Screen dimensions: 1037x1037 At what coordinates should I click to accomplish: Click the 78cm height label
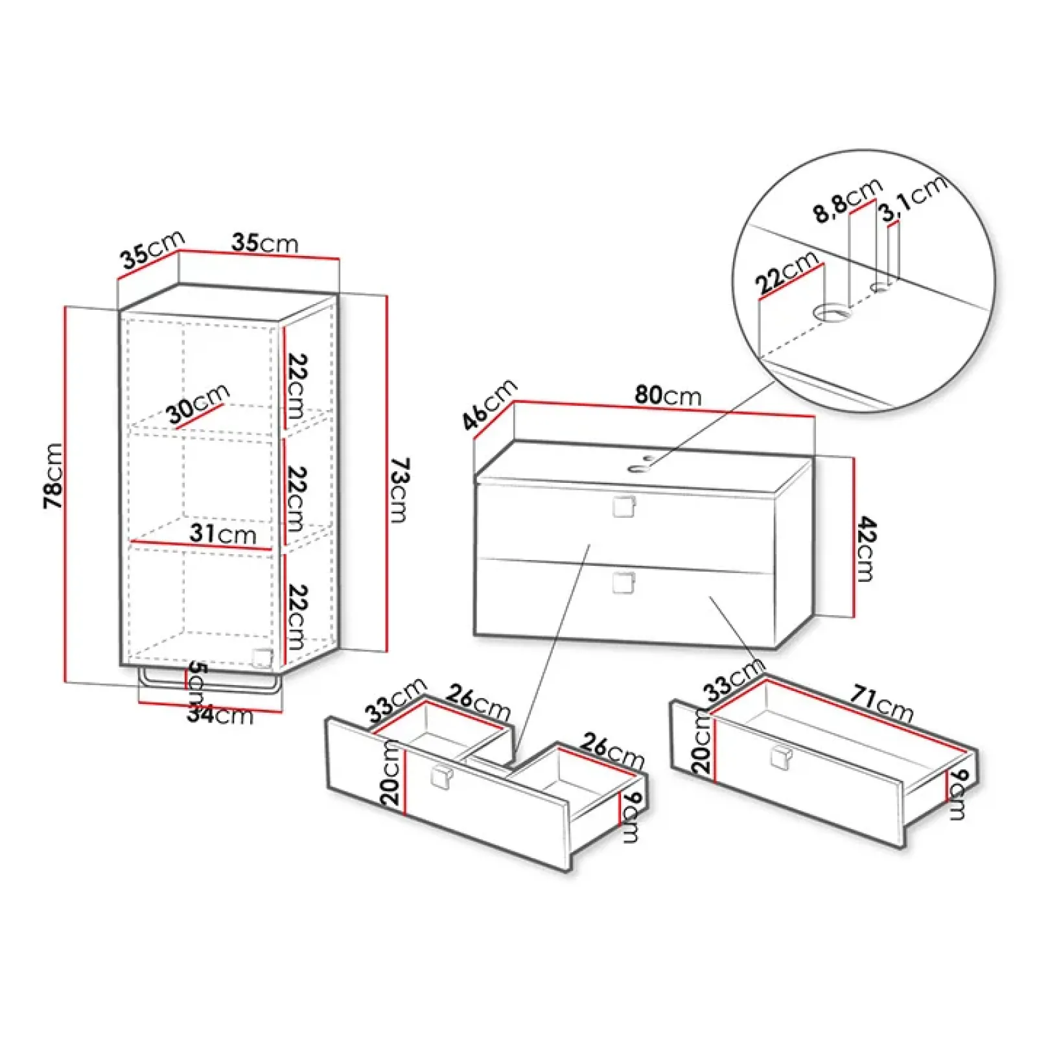(x=53, y=476)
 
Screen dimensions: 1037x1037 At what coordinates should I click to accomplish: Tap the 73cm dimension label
(x=399, y=490)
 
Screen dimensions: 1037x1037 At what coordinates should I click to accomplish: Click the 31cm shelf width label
(x=223, y=534)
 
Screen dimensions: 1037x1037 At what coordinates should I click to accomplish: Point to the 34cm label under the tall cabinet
(x=220, y=715)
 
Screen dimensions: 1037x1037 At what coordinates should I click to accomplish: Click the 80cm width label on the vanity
(x=668, y=395)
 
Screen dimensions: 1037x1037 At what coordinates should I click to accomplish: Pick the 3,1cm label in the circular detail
(x=914, y=198)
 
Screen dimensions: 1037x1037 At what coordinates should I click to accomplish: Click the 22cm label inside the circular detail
(x=787, y=272)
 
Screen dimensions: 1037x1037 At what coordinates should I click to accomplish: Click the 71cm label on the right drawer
(x=881, y=705)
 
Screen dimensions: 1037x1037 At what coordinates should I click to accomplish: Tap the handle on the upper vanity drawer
(x=623, y=507)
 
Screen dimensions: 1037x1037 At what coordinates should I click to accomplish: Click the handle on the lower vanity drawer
(x=623, y=582)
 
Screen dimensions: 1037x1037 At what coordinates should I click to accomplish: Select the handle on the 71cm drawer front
(x=781, y=757)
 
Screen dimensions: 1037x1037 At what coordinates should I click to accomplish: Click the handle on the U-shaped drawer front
(x=443, y=777)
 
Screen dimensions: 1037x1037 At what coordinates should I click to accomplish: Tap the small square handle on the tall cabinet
(x=261, y=657)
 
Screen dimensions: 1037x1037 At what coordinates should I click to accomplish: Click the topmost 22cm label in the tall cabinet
(x=297, y=385)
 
